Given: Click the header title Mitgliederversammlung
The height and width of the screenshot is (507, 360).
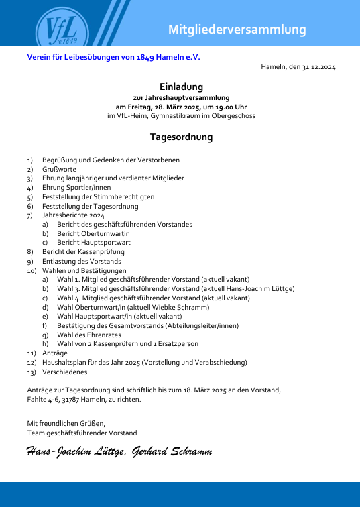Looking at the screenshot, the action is pos(237,30).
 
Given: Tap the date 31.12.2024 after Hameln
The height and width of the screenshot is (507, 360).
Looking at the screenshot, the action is pos(319,68).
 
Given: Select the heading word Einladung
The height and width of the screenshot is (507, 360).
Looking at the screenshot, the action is pos(181,87).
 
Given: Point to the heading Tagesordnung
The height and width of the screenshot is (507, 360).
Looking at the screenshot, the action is pos(181,137).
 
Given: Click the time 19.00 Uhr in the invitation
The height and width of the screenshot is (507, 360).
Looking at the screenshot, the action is pos(230,107).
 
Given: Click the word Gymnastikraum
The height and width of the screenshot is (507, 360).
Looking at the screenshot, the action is pos(176,115).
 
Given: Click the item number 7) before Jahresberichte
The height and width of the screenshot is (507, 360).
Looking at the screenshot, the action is pos(29,215).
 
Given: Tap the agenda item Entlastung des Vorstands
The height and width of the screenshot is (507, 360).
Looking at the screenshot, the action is pos(81,261).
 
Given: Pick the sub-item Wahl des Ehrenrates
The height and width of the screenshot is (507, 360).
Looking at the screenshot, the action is pos(89,334).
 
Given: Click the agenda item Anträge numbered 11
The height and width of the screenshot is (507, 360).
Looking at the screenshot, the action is pos(55,353).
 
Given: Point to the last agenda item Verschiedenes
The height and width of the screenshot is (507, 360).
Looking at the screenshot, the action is pos(64,372).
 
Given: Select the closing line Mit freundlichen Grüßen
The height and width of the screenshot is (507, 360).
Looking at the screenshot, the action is pos(66,424).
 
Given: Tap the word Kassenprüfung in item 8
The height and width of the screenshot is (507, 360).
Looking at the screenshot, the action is pos(102,251).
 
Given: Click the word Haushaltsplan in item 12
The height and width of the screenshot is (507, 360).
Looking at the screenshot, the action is pos(64,362).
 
